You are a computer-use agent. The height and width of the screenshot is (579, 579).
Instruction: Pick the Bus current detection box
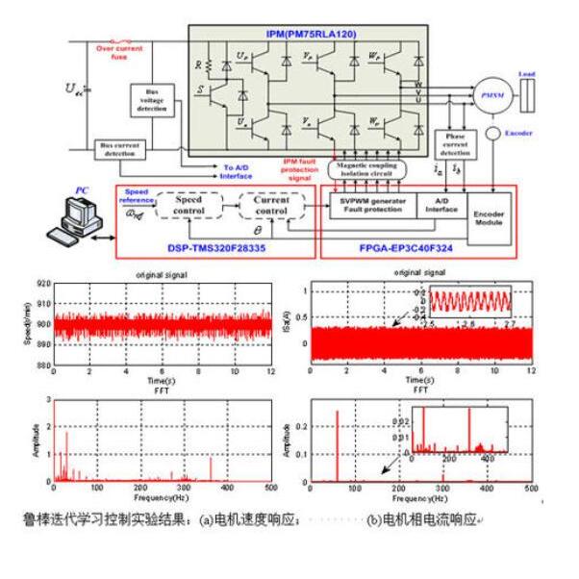[117, 149]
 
